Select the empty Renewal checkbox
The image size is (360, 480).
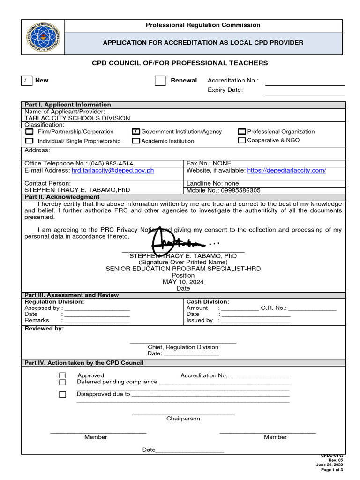(x=160, y=81)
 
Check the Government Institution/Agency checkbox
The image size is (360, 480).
(x=136, y=132)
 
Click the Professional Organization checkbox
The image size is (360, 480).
(x=242, y=132)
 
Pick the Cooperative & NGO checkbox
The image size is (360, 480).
(x=242, y=140)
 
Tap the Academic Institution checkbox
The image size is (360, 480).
(x=136, y=141)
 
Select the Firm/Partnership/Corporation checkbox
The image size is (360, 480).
(x=29, y=132)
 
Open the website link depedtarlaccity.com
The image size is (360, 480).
(x=286, y=171)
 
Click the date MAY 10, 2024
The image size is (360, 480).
(x=183, y=282)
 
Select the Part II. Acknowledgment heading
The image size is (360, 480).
(x=62, y=197)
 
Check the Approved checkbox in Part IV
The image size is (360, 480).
(x=63, y=375)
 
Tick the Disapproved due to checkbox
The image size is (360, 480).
(x=63, y=394)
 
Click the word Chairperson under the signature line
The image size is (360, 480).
(x=183, y=419)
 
